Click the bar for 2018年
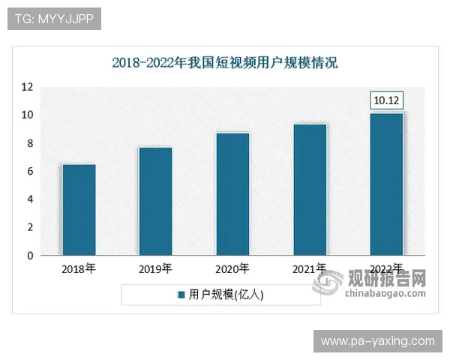click(x=79, y=210)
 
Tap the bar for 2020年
click(x=232, y=194)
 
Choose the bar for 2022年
click(x=387, y=184)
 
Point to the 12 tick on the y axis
click(x=28, y=87)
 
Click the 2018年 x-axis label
click(x=79, y=268)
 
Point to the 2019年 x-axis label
click(x=155, y=268)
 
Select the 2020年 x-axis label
click(x=232, y=268)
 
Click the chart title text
click(x=225, y=63)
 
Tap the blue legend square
click(x=181, y=295)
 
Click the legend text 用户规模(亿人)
click(x=226, y=295)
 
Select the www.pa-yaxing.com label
click(x=377, y=341)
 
